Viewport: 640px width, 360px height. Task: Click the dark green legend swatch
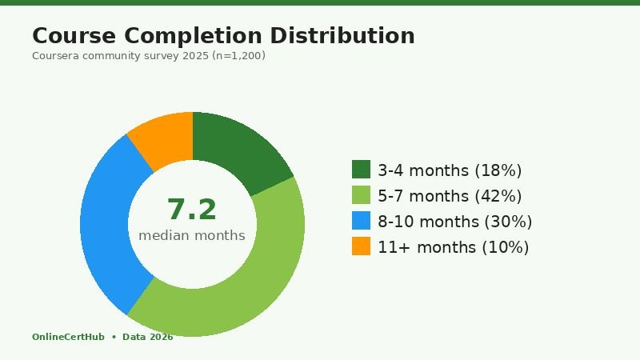pyautogui.click(x=361, y=170)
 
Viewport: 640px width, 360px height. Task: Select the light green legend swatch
pyautogui.click(x=361, y=195)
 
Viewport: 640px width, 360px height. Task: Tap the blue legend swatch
pyautogui.click(x=361, y=221)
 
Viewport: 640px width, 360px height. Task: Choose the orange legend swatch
pyautogui.click(x=361, y=246)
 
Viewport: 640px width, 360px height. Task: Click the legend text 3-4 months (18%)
pyautogui.click(x=450, y=170)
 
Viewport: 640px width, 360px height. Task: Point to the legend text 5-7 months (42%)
pyautogui.click(x=450, y=196)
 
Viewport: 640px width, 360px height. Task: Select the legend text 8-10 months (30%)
pyautogui.click(x=454, y=222)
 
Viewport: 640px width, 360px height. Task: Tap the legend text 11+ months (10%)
pyautogui.click(x=453, y=247)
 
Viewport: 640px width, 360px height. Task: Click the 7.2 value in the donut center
pyautogui.click(x=192, y=210)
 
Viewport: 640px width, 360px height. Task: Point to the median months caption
pyautogui.click(x=192, y=235)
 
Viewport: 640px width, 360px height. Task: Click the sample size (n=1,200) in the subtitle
pyautogui.click(x=238, y=56)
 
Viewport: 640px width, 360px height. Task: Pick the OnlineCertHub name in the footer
pyautogui.click(x=68, y=337)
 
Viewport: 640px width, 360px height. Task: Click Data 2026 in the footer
pyautogui.click(x=147, y=337)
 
